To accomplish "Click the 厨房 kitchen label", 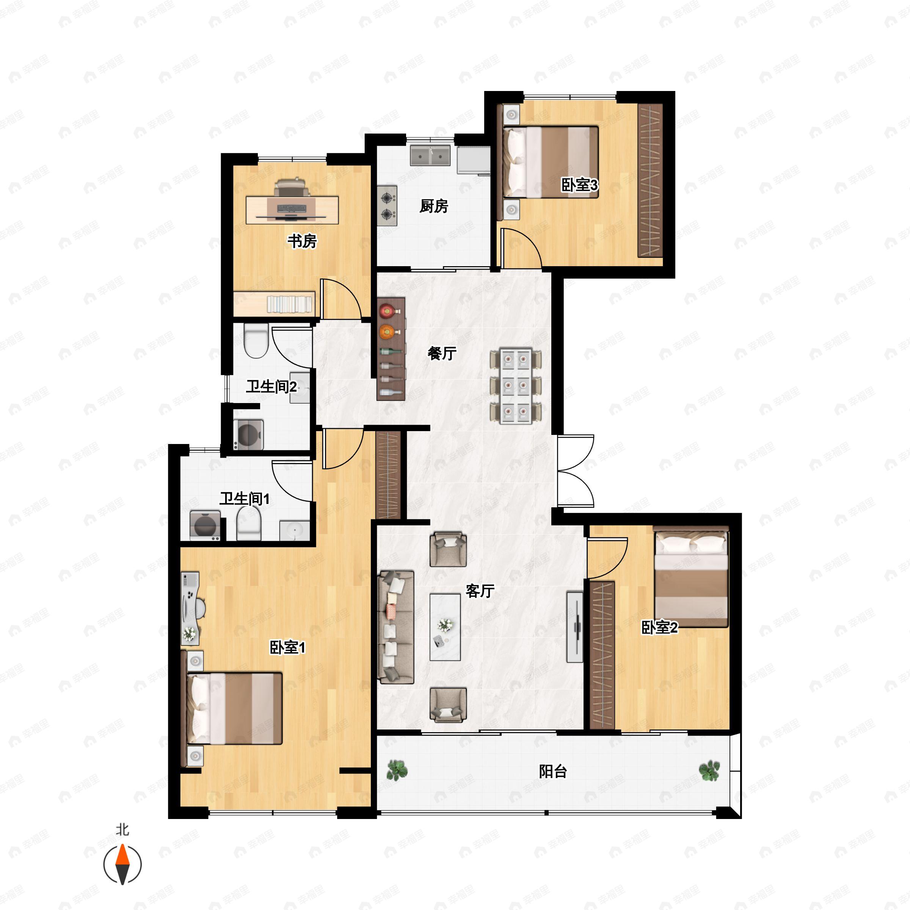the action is (x=433, y=206).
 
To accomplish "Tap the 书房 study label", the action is (x=302, y=241).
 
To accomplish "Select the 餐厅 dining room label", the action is (x=442, y=353).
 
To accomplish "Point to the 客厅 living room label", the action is (x=480, y=591).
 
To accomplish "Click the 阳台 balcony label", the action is (x=553, y=772).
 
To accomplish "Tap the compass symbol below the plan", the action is (x=122, y=864).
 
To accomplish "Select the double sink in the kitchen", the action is (x=430, y=156).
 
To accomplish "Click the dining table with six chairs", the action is (x=515, y=386).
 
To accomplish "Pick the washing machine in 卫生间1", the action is (x=205, y=525).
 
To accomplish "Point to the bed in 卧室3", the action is (x=551, y=162).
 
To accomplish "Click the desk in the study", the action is (x=292, y=210).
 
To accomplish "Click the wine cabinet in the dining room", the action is (x=391, y=348).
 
